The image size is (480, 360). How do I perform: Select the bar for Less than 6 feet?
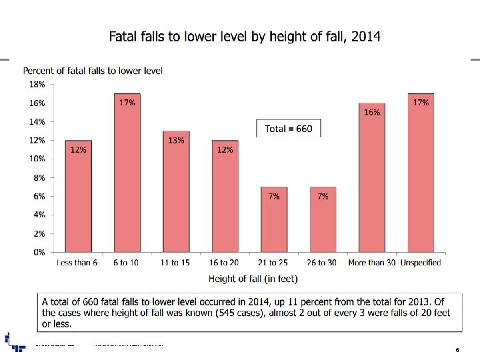pyautogui.click(x=78, y=197)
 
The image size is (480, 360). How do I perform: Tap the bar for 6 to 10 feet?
pyautogui.click(x=127, y=173)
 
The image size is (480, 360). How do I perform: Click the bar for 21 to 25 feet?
pyautogui.click(x=274, y=220)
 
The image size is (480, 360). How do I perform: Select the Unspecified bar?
pyautogui.click(x=421, y=173)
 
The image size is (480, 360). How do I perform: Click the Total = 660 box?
pyautogui.click(x=288, y=129)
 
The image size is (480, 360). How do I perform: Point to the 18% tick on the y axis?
pyautogui.click(x=37, y=85)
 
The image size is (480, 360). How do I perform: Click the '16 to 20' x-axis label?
pyautogui.click(x=225, y=263)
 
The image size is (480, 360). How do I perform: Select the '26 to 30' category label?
pyautogui.click(x=323, y=263)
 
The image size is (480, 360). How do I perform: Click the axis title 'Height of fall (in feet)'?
pyautogui.click(x=253, y=278)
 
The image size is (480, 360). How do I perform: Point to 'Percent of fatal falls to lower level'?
pyautogui.click(x=93, y=70)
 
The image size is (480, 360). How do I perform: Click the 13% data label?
pyautogui.click(x=176, y=140)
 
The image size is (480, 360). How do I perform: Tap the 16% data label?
pyautogui.click(x=372, y=113)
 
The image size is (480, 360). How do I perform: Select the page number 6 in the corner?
pyautogui.click(x=457, y=349)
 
